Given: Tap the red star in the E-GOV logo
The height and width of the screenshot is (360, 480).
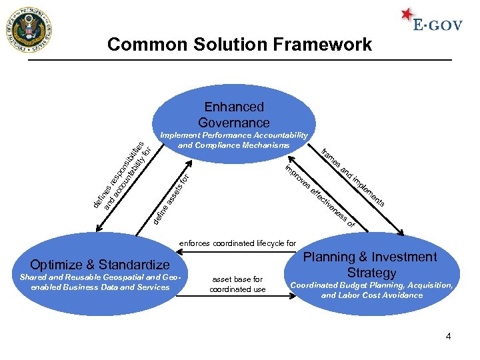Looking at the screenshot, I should [407, 14].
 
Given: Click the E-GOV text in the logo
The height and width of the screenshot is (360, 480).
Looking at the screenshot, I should [437, 25].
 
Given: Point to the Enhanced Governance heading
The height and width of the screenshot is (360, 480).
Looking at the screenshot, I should [234, 115].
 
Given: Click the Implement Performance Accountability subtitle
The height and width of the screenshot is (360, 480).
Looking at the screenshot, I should [234, 140].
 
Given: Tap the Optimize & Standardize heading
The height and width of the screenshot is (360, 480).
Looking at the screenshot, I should [100, 264].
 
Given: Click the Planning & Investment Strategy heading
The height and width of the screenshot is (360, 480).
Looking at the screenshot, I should [371, 265].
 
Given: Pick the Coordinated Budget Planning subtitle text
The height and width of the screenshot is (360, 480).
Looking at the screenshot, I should [371, 290].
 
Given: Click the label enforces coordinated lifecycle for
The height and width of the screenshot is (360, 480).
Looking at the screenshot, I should [237, 243].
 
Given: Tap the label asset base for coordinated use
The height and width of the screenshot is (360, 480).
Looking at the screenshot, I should [237, 284].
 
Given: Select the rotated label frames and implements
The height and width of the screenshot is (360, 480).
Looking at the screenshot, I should [353, 176].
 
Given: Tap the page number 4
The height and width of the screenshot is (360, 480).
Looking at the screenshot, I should [449, 337].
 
